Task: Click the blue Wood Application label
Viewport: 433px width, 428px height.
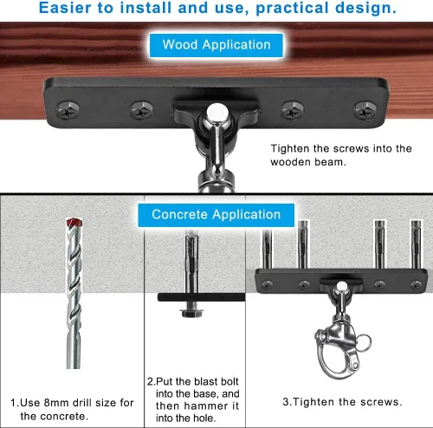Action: click(x=216, y=44)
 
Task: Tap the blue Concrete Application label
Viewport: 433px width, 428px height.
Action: click(x=216, y=214)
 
